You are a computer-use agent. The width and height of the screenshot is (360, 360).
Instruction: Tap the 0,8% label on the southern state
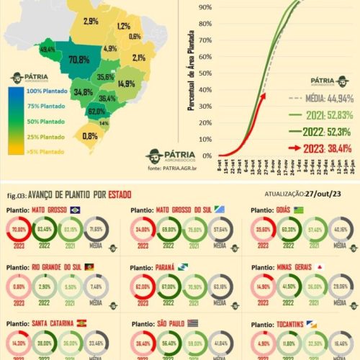pyautogui.click(x=90, y=135)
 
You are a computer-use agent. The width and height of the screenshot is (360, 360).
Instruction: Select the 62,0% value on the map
pyautogui.click(x=96, y=112)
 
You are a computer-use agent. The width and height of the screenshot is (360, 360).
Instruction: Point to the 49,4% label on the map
pyautogui.click(x=48, y=50)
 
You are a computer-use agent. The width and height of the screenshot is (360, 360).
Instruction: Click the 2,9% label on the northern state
pyautogui.click(x=91, y=22)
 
